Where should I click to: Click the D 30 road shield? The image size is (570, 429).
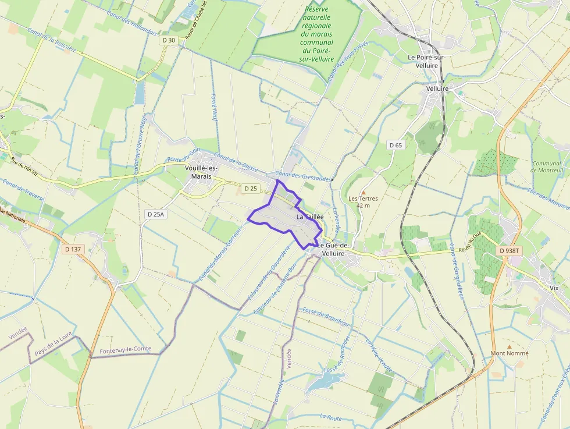coord(168,40)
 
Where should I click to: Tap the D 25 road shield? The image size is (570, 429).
coord(251,188)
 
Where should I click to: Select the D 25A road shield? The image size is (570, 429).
coord(156,214)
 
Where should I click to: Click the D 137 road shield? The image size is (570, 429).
coord(74,249)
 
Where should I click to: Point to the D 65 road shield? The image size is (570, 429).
coord(396,145)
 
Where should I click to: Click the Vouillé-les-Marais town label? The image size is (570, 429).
coord(201,172)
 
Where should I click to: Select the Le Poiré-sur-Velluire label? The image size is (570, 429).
coord(428,61)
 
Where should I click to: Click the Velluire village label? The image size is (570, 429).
coord(437,88)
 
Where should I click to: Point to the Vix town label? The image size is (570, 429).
coord(554,288)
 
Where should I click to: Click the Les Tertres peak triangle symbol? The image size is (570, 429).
coord(364,192)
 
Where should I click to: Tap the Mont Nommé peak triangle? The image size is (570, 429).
coord(510,346)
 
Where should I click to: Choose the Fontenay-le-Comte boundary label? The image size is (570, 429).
coord(126,349)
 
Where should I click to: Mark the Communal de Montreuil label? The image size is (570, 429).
coord(547,167)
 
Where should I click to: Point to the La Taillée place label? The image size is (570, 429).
coord(309,217)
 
